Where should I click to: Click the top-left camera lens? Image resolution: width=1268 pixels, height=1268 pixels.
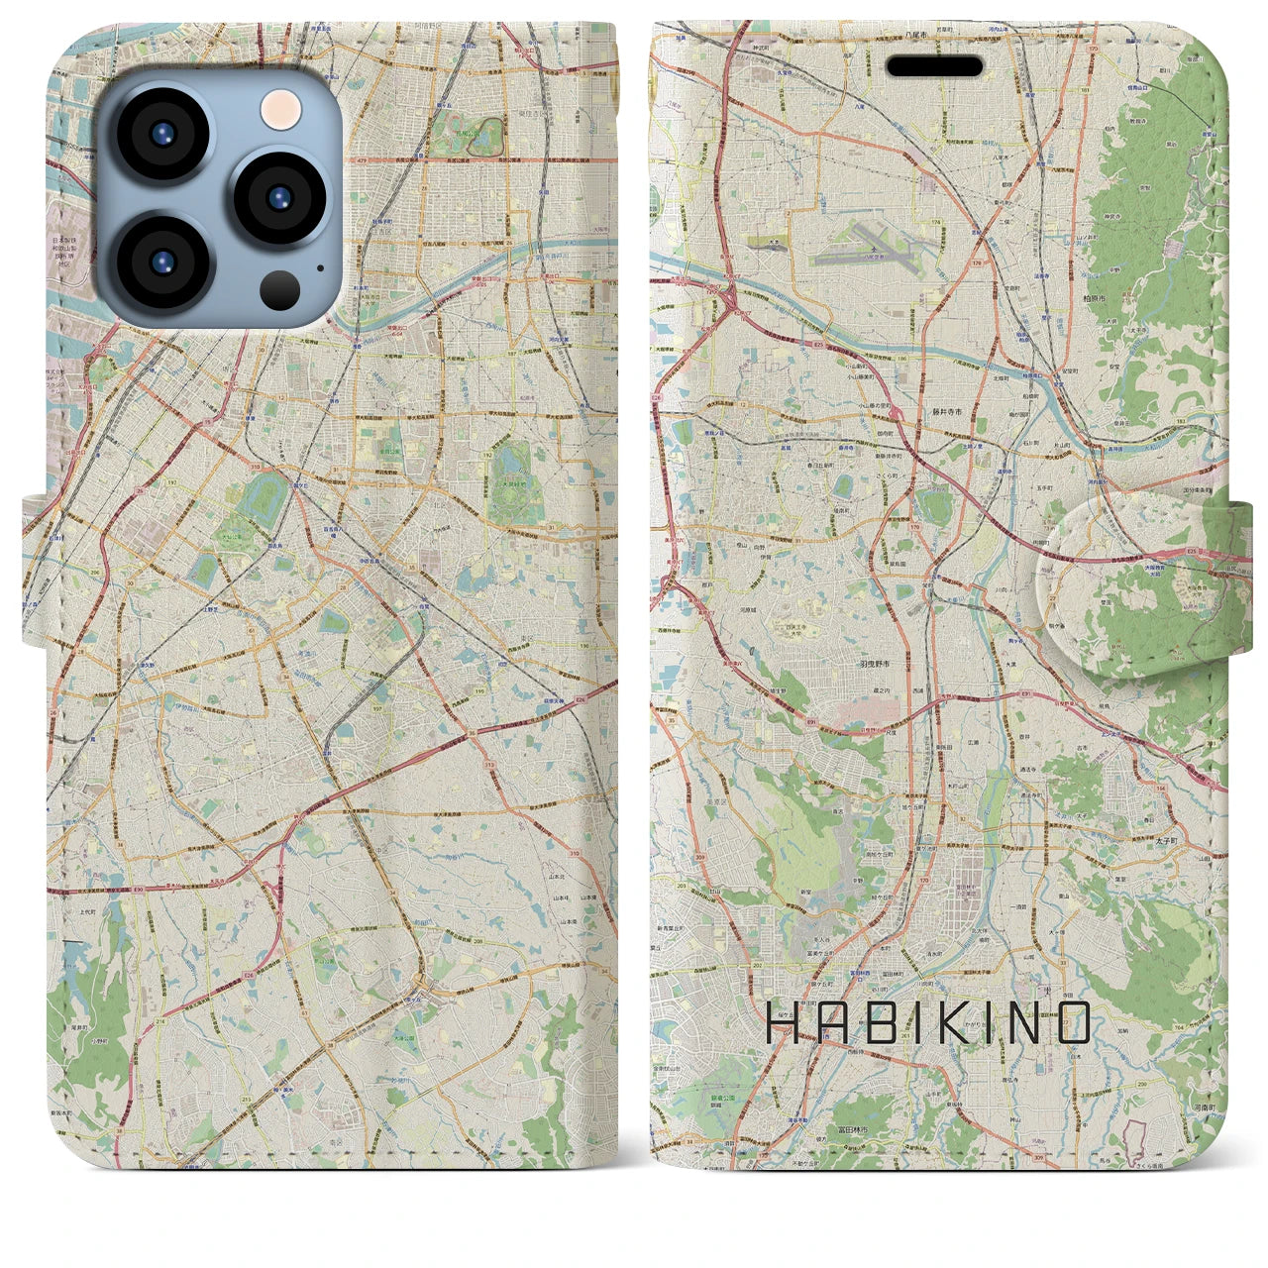(x=162, y=134)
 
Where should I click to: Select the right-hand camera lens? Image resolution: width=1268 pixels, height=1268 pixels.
(x=280, y=197)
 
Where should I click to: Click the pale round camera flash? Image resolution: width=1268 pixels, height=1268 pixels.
(x=281, y=109)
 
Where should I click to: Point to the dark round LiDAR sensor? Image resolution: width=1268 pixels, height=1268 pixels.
(x=280, y=289)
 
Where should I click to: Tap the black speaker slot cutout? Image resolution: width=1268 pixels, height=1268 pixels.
(x=934, y=66)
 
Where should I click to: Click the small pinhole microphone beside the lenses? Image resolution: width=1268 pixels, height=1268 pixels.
(x=320, y=266)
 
